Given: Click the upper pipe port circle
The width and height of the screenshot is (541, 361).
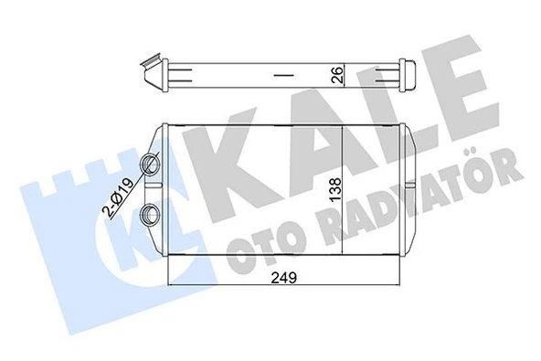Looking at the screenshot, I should point(149,165).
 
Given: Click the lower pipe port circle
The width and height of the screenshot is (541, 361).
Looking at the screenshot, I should point(149,216).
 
